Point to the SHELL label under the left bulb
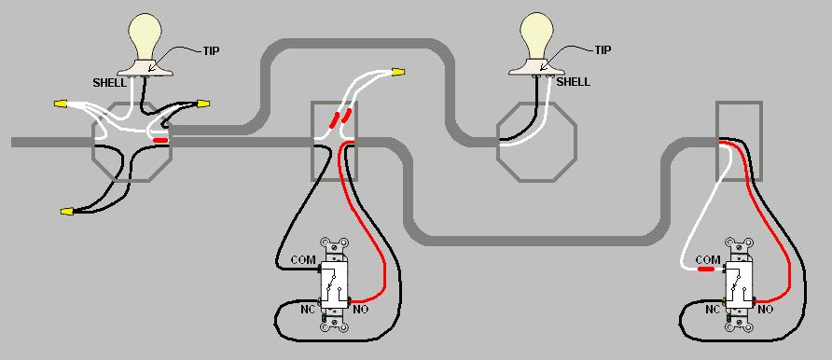pyautogui.click(x=110, y=82)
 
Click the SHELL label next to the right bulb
pyautogui.click(x=573, y=81)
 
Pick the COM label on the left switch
pyautogui.click(x=303, y=258)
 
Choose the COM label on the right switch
pyautogui.click(x=708, y=258)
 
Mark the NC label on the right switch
pyautogui.click(x=713, y=309)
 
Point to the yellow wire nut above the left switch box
pyautogui.click(x=398, y=71)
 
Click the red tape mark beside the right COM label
pyautogui.click(x=706, y=269)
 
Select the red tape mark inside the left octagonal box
pyautogui.click(x=161, y=141)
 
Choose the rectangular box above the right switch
pyautogui.click(x=738, y=140)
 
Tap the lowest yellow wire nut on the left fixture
pyautogui.click(x=66, y=212)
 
